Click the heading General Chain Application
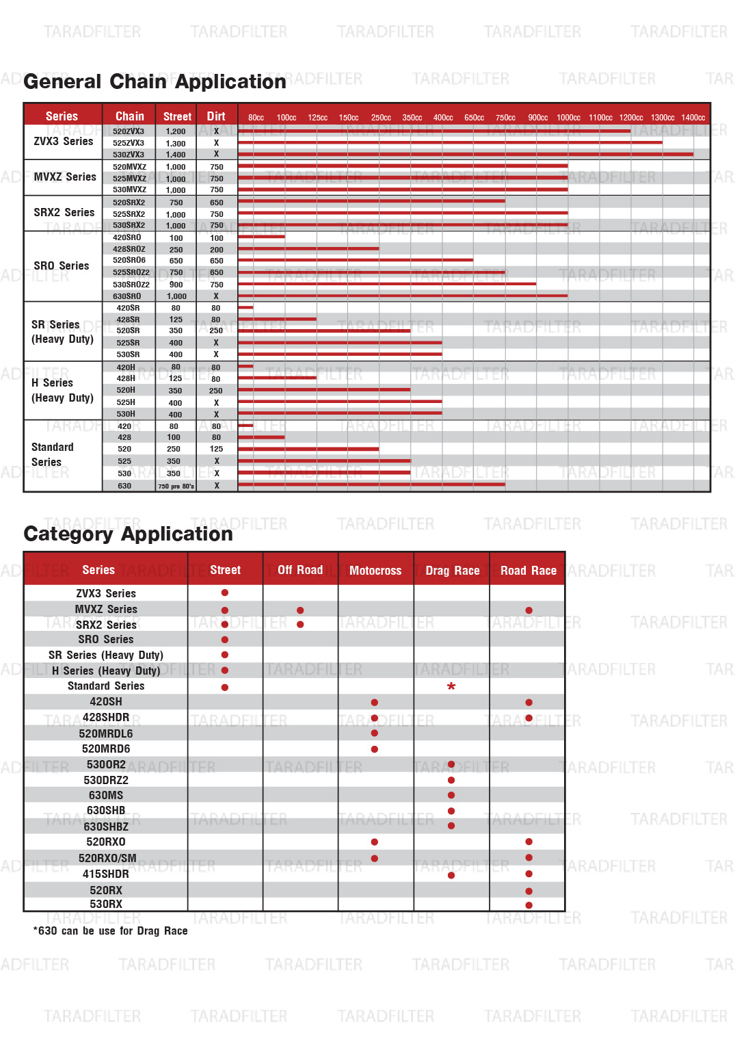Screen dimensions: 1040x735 click(x=155, y=82)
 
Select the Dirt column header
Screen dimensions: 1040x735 click(x=216, y=116)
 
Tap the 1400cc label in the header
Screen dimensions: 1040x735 click(x=693, y=118)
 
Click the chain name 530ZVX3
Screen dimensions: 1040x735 click(x=129, y=155)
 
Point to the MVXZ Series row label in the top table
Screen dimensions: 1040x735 click(x=65, y=177)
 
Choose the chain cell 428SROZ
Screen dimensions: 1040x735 click(x=129, y=250)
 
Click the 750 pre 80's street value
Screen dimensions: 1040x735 click(x=176, y=486)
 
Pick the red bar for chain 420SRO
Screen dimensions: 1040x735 click(x=261, y=237)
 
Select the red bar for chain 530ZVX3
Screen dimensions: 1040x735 click(x=465, y=155)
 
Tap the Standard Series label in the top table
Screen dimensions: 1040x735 click(x=52, y=454)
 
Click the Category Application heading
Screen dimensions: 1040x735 click(x=128, y=534)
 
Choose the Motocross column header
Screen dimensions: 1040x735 click(x=375, y=571)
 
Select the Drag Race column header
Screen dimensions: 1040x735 click(x=452, y=571)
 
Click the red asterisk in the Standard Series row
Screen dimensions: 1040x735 click(x=451, y=686)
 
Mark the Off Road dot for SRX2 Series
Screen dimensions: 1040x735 click(x=300, y=625)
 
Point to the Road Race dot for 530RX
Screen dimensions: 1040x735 click(x=529, y=905)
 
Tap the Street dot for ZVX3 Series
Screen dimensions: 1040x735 click(x=225, y=593)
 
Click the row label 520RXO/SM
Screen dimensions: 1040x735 click(x=107, y=858)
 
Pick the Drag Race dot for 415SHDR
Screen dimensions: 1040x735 click(x=451, y=875)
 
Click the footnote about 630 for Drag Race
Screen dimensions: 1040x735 click(x=110, y=931)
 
